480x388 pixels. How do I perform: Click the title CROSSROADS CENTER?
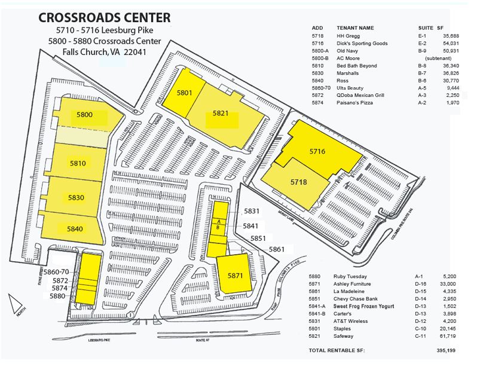pos(104,17)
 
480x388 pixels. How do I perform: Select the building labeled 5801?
pos(185,93)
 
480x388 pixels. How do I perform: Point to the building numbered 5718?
pos(299,182)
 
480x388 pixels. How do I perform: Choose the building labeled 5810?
pos(78,163)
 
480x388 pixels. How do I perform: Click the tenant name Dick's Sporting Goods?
pos(362,44)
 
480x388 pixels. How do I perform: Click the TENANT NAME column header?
pos(355,28)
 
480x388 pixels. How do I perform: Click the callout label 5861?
pos(277,249)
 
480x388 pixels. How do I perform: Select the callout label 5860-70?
pos(56,271)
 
